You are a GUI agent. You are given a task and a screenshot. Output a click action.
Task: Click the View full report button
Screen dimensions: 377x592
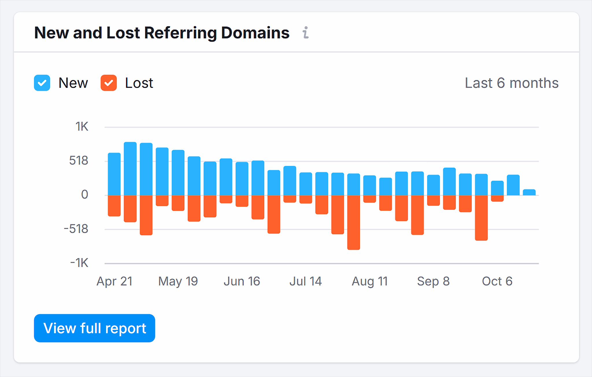[x=95, y=328]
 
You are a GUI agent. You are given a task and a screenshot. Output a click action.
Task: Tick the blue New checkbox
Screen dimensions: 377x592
[x=42, y=83]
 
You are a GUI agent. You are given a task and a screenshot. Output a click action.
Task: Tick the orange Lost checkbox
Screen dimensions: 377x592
[x=109, y=83]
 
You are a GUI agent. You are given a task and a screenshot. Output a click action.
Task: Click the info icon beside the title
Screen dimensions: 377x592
[x=306, y=32]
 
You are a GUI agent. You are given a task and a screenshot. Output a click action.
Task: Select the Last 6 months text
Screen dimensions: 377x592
[x=511, y=83]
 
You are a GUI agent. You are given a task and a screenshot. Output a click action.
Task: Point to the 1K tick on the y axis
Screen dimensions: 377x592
[x=82, y=127]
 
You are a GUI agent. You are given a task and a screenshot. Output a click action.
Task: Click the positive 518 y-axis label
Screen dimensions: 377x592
[x=79, y=160]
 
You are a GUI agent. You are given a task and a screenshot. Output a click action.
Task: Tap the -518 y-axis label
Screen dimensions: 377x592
[x=76, y=229]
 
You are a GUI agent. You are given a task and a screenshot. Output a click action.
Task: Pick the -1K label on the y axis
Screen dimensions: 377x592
[x=79, y=263]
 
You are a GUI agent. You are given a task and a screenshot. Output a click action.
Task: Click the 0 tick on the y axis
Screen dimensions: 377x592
[x=84, y=195]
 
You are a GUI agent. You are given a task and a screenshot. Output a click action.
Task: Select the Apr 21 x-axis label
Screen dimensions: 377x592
[x=114, y=281]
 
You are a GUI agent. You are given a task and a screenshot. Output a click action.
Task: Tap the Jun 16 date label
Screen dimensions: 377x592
[x=242, y=281]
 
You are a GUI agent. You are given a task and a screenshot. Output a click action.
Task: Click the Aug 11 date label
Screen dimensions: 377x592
[x=370, y=281]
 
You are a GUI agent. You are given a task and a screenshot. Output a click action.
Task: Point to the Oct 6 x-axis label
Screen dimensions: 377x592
[x=497, y=281]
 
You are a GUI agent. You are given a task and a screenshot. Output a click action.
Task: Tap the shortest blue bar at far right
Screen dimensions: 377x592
[x=529, y=192]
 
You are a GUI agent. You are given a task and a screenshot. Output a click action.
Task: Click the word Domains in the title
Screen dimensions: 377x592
[x=255, y=33]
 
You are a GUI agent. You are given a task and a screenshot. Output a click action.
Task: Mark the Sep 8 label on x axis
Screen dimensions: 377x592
[x=433, y=281]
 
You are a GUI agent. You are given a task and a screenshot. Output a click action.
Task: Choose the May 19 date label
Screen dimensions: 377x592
[x=178, y=281]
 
